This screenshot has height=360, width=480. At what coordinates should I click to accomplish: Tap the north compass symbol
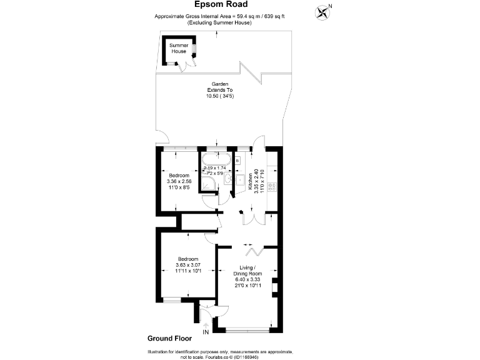point(322,11)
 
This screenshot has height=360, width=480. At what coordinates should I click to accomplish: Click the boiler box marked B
point(237,161)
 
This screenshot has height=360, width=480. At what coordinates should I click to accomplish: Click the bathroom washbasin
point(227,180)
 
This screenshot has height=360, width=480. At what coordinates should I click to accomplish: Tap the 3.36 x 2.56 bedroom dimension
point(180,182)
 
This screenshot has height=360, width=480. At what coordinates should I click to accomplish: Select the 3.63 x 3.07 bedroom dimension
point(187,266)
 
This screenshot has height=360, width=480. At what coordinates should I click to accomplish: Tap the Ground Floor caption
point(168,338)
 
